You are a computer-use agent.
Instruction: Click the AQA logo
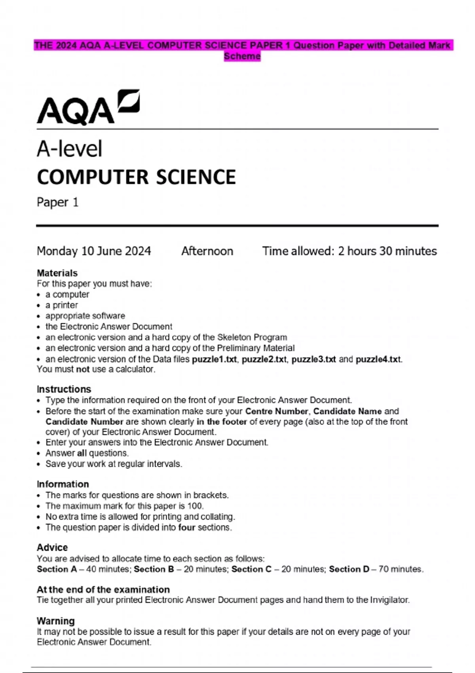(88, 108)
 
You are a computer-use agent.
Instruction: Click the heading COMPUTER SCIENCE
(136, 177)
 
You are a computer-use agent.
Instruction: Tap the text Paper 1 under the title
(58, 202)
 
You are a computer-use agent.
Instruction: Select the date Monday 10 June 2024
(94, 251)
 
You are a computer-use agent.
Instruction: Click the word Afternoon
(207, 251)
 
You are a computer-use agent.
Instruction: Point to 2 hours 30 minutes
(387, 251)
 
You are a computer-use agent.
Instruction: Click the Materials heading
(57, 273)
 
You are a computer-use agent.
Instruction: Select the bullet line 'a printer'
(61, 305)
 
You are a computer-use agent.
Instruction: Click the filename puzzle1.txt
(214, 359)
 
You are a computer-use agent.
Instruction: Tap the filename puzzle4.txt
(378, 359)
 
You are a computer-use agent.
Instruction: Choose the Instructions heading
(64, 389)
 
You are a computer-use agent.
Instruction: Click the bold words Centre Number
(276, 411)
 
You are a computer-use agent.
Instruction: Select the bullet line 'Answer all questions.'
(87, 453)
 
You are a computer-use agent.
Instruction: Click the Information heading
(63, 484)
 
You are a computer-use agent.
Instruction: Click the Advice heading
(52, 548)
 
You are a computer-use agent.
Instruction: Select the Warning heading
(55, 621)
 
